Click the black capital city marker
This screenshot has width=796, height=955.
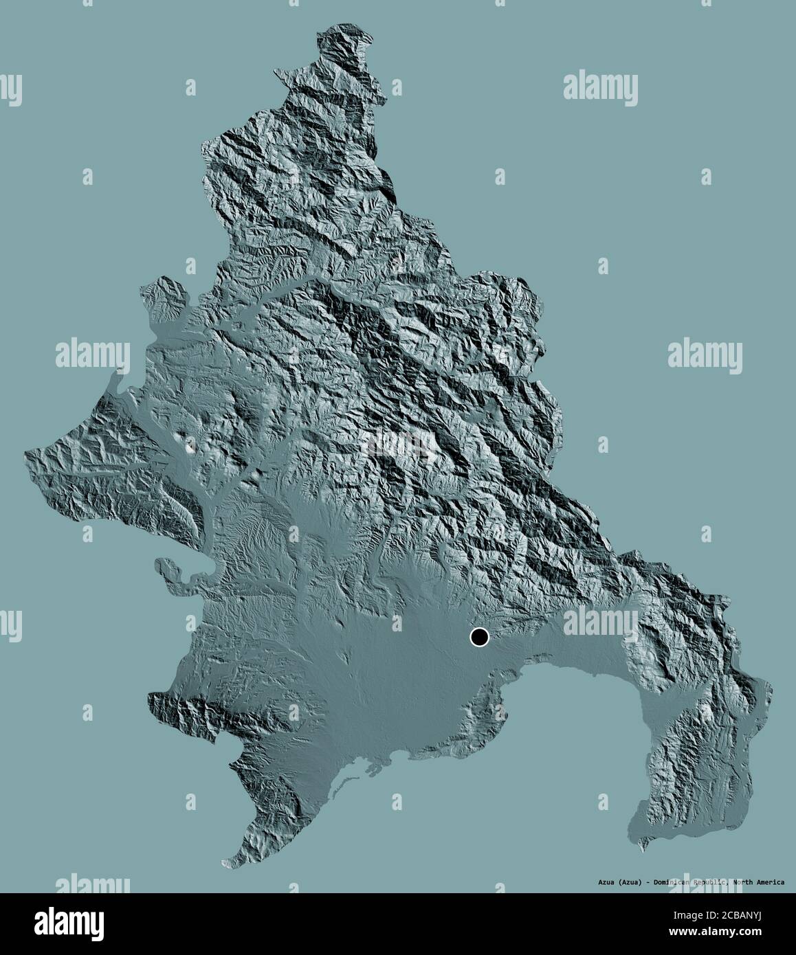click(479, 638)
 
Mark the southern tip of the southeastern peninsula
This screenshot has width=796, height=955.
click(643, 850)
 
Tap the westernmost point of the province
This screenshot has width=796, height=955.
click(25, 453)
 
